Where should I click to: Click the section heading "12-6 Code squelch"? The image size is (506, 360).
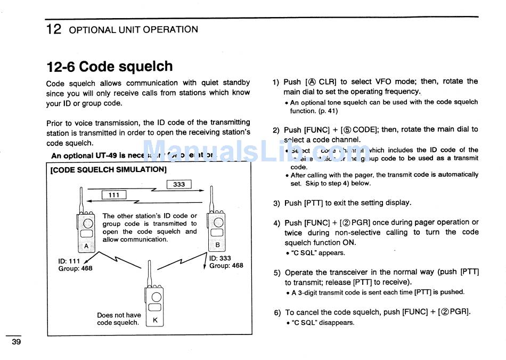pyautogui.click(x=110, y=67)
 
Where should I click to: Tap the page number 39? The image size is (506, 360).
pyautogui.click(x=17, y=342)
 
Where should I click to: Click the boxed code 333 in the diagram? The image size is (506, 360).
pyautogui.click(x=179, y=184)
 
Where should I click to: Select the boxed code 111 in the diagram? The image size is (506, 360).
pyautogui.click(x=114, y=195)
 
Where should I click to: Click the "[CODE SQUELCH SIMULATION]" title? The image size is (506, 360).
pyautogui.click(x=108, y=170)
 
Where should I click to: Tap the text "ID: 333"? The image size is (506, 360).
pyautogui.click(x=220, y=258)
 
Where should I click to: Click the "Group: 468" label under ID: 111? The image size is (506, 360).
pyautogui.click(x=75, y=268)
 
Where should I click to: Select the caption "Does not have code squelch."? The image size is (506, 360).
pyautogui.click(x=119, y=318)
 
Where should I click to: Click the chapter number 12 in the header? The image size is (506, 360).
pyautogui.click(x=54, y=29)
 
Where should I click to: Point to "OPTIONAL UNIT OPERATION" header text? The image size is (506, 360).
pyautogui.click(x=133, y=30)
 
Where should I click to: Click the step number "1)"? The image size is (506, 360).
pyautogui.click(x=276, y=82)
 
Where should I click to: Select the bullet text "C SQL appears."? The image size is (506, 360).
pyautogui.click(x=318, y=253)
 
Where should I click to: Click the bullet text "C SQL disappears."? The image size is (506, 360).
pyautogui.click(x=322, y=322)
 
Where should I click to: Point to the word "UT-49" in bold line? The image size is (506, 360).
pyautogui.click(x=107, y=156)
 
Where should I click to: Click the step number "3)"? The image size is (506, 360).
pyautogui.click(x=276, y=203)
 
